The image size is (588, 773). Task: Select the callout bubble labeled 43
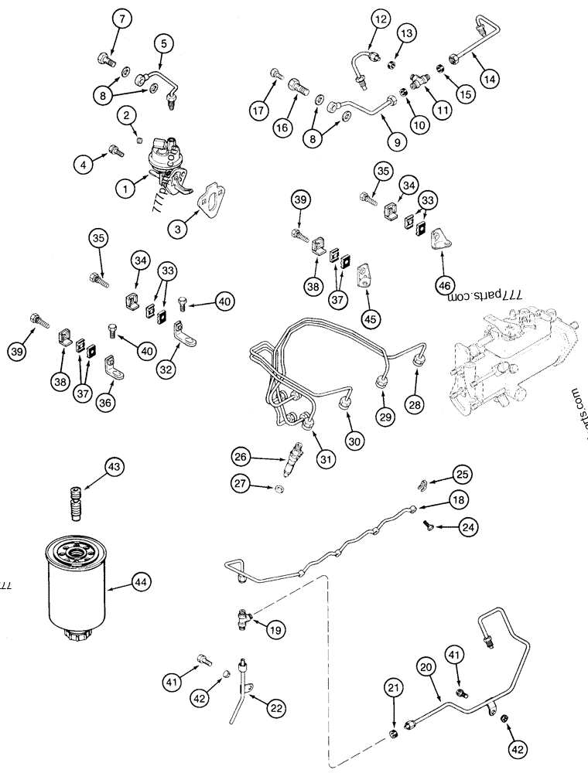(x=114, y=466)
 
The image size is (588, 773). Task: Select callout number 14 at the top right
(x=488, y=77)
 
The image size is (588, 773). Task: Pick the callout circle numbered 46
(x=445, y=284)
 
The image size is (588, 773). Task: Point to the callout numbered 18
(x=459, y=500)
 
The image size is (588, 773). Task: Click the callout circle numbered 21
(x=395, y=685)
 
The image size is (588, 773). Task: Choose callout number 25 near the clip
(x=462, y=474)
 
